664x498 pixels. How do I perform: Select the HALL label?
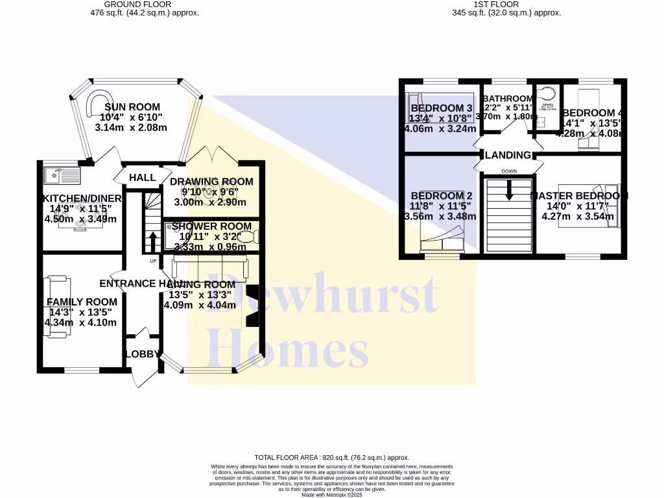click(142, 178)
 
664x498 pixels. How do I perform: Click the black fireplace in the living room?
click(252, 305)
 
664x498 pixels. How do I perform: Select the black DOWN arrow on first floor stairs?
click(509, 187)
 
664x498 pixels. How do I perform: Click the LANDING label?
click(509, 155)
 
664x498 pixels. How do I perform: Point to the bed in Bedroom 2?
click(441, 240)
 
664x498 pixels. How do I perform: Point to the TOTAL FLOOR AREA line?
click(331, 458)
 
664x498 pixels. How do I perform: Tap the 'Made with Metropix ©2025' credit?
click(331, 495)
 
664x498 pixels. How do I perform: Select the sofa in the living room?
click(209, 266)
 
